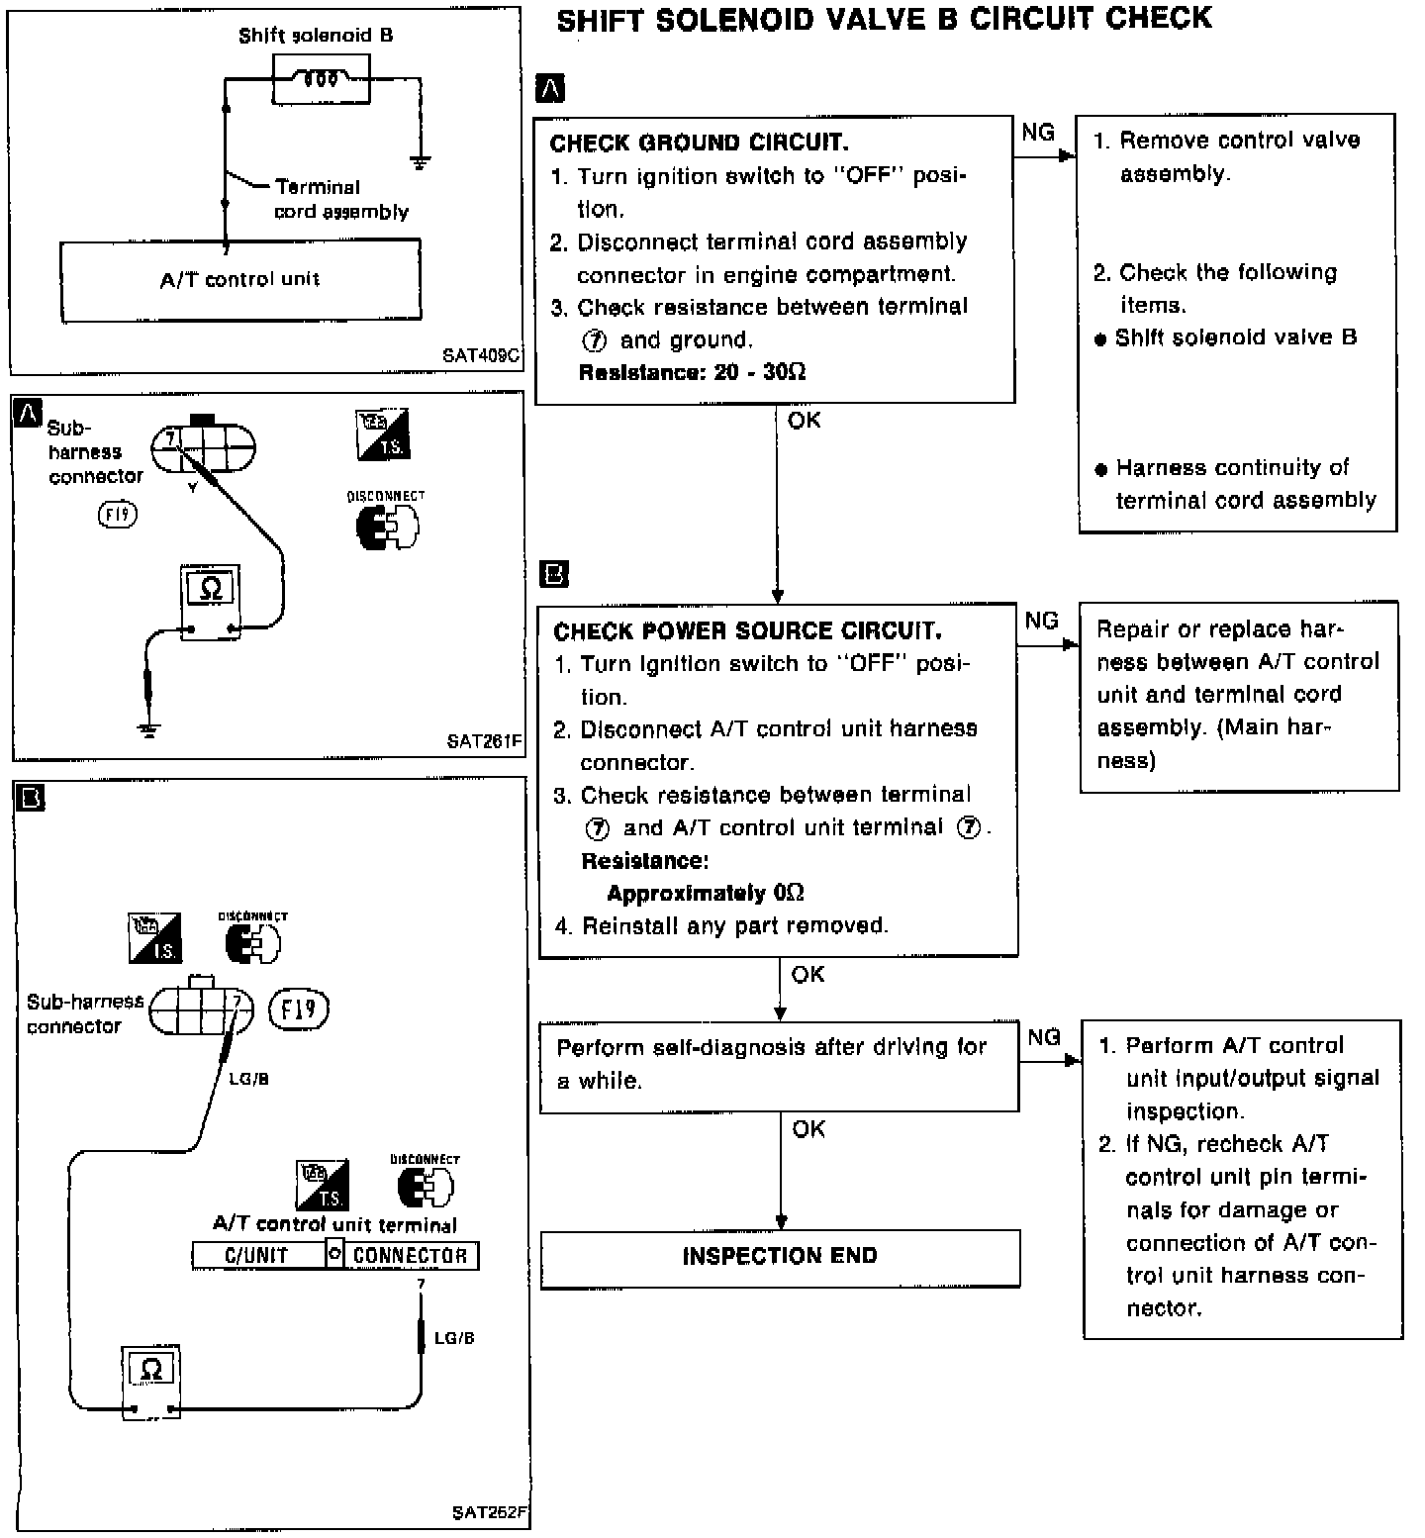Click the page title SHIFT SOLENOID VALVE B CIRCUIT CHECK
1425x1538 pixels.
click(884, 20)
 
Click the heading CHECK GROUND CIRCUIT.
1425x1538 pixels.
click(699, 143)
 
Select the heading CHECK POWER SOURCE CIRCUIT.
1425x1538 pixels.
click(747, 631)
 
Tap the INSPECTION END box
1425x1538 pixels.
click(780, 1257)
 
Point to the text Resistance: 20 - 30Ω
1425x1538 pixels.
click(692, 372)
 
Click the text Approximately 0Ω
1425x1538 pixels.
click(705, 894)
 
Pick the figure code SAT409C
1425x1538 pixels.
click(482, 355)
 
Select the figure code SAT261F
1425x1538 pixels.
click(484, 740)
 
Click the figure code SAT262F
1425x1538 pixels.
click(490, 1512)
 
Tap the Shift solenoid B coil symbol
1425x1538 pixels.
click(321, 78)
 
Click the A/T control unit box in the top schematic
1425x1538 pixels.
click(240, 280)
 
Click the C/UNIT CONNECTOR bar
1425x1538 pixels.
click(335, 1256)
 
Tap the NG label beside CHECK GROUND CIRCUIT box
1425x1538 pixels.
click(1038, 133)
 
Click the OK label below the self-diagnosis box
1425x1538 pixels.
click(808, 1129)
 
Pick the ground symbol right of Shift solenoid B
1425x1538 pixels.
click(421, 161)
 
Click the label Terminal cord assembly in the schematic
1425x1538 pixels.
click(339, 199)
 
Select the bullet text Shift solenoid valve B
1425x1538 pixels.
click(1235, 337)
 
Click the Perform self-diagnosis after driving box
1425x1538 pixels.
click(779, 1065)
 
